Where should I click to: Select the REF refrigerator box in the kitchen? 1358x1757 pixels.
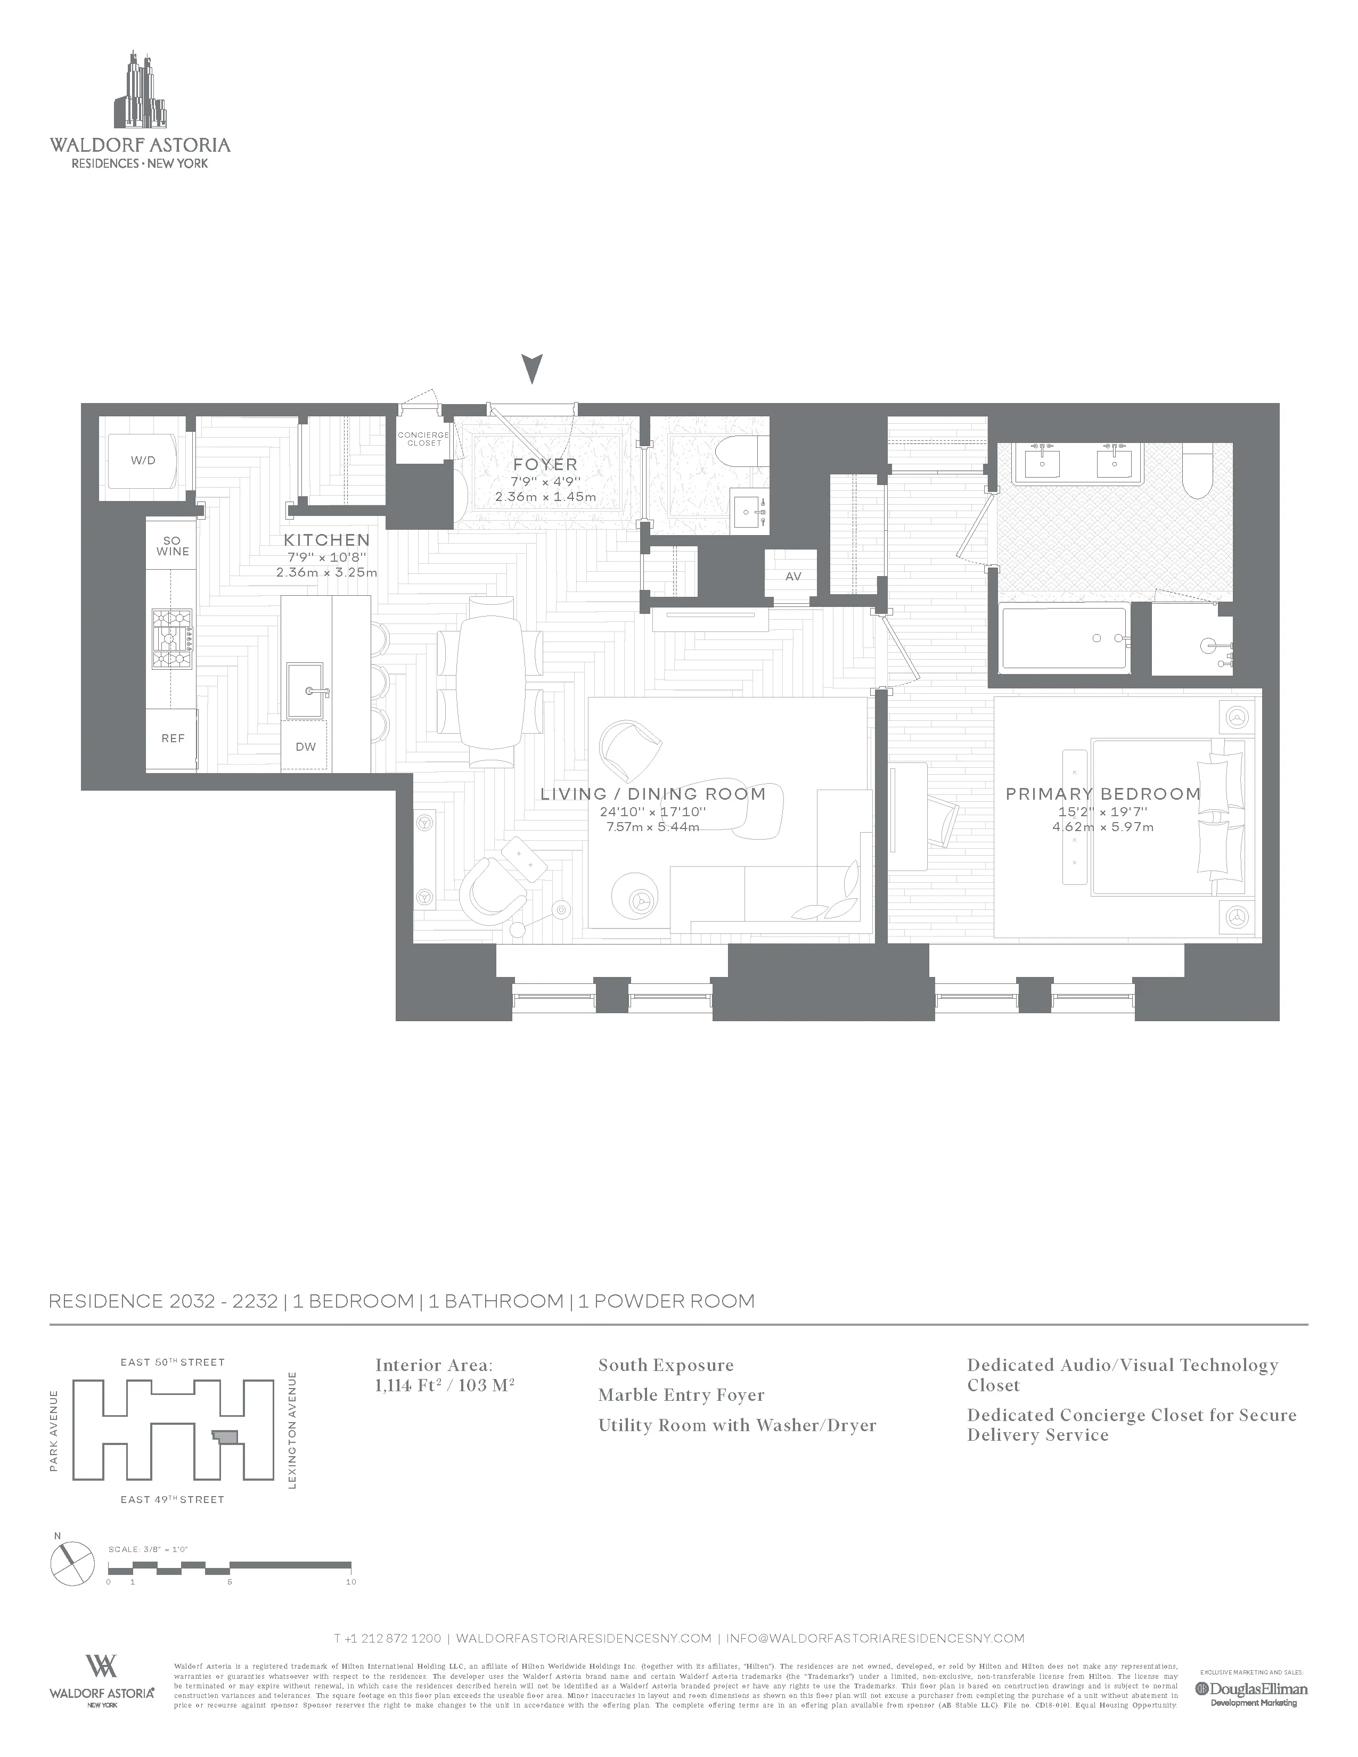172,738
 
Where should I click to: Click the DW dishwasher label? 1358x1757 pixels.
305,746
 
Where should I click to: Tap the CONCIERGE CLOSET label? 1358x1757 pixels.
424,439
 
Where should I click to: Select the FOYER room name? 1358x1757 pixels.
545,465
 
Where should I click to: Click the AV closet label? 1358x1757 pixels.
792,577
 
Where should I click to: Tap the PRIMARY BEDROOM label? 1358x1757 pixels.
1103,794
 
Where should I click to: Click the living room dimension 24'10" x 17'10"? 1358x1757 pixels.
652,812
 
